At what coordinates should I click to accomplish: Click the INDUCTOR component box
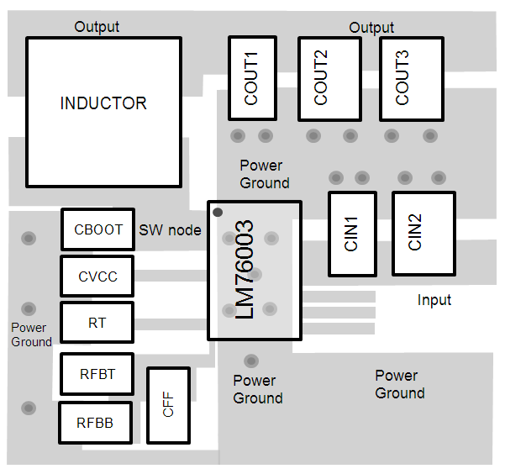(x=103, y=113)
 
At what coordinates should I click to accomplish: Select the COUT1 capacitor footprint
(x=252, y=78)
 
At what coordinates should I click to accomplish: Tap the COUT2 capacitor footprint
(x=322, y=78)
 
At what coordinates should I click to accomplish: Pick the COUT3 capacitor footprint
(x=402, y=78)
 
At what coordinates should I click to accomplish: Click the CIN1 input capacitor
(x=352, y=234)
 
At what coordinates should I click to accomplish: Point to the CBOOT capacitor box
(x=98, y=229)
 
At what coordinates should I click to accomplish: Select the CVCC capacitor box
(x=97, y=276)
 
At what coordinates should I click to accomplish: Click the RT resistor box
(x=97, y=323)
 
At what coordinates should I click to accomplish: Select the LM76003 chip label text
(x=245, y=271)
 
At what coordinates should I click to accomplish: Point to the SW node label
(x=170, y=230)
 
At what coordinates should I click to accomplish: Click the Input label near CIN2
(x=434, y=300)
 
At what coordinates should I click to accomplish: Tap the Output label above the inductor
(x=97, y=27)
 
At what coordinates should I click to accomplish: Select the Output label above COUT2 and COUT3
(x=371, y=28)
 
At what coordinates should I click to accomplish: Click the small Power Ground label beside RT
(x=31, y=334)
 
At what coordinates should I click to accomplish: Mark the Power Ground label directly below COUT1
(x=264, y=174)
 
